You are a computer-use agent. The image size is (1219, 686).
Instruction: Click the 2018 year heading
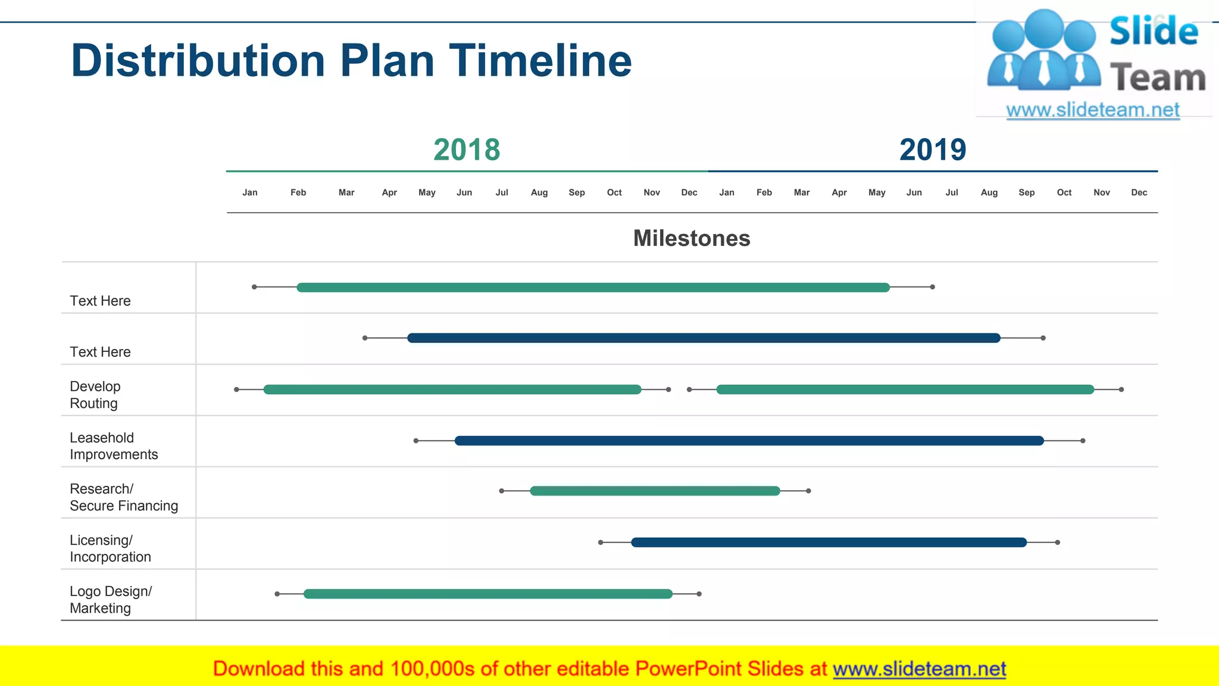point(467,149)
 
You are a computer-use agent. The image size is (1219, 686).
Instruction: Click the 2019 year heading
point(933,149)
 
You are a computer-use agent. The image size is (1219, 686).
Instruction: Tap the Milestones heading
point(692,238)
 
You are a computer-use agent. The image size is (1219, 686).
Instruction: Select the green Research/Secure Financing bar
point(655,491)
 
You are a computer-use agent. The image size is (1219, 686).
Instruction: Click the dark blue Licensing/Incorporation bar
point(829,542)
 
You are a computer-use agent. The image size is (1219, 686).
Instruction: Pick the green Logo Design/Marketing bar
point(488,594)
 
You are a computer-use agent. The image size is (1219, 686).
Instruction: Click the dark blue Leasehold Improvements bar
point(749,441)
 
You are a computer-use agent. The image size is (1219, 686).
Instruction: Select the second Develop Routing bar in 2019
point(905,389)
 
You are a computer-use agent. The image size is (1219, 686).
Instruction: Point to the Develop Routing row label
point(95,395)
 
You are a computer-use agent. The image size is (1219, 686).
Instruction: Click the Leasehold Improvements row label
point(114,446)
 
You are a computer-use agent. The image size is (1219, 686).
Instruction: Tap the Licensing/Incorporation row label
point(110,548)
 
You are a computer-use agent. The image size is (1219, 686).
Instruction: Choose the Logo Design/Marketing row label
point(111,600)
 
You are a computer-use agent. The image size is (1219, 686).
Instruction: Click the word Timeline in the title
point(540,61)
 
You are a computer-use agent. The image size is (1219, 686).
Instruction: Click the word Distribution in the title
point(198,61)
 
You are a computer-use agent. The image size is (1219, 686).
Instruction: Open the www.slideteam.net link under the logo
point(1093,110)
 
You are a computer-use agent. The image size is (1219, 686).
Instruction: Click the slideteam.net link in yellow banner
point(919,669)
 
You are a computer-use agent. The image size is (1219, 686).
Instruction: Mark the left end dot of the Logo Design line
point(277,594)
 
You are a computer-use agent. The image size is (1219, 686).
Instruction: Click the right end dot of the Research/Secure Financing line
point(808,491)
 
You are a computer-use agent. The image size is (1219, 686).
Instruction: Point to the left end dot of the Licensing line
point(601,542)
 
